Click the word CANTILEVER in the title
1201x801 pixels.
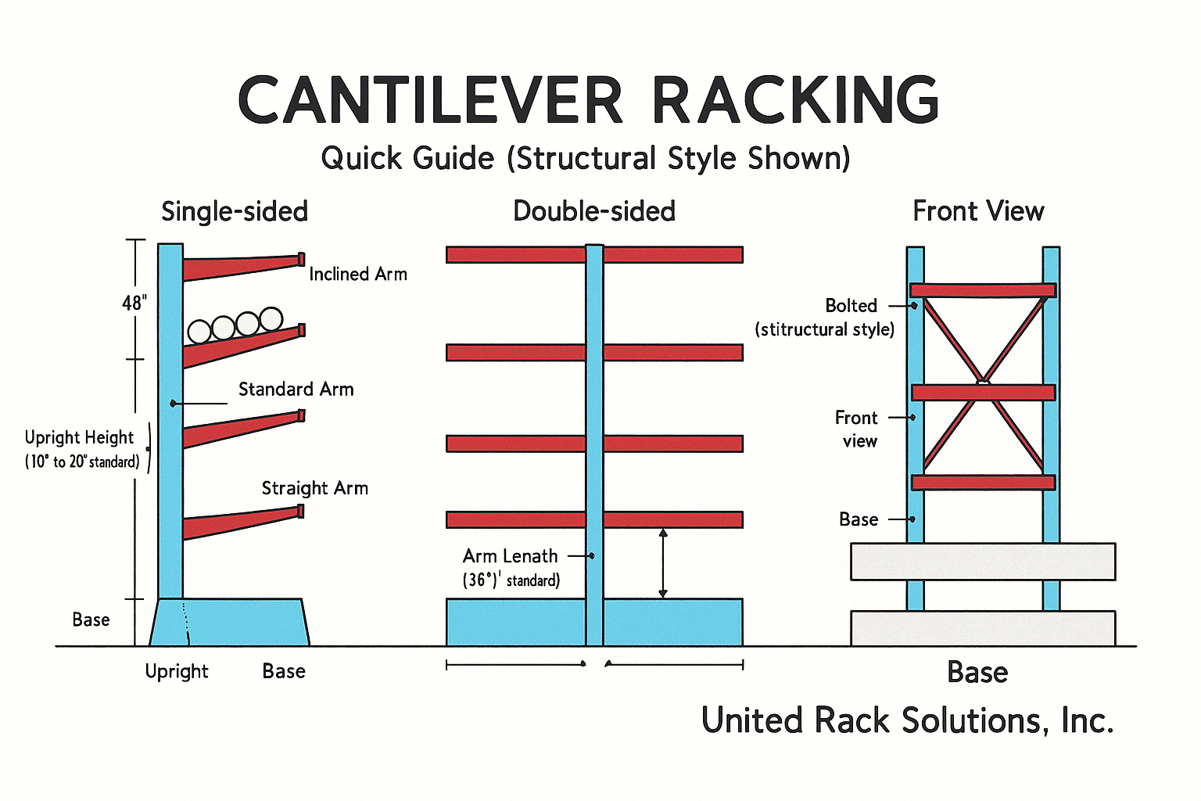point(430,100)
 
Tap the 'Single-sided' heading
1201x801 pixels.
point(235,211)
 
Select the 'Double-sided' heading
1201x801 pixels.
point(594,211)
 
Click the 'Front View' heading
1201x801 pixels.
point(978,211)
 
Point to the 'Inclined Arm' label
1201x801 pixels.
point(358,275)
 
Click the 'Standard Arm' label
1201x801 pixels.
point(296,390)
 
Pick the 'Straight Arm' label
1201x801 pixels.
point(314,488)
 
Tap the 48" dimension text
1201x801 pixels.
point(134,303)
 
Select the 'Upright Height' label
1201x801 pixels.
point(79,438)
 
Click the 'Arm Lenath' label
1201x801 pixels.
point(511,556)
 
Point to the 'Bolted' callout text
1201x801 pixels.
point(851,306)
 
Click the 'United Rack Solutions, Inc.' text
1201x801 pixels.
point(907,720)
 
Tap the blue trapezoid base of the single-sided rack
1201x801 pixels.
point(230,623)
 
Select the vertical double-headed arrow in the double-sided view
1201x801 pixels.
point(663,563)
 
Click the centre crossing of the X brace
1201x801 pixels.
point(983,383)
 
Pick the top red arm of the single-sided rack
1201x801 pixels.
point(242,267)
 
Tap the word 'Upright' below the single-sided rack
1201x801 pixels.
point(177,672)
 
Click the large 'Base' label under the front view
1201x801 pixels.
point(977,673)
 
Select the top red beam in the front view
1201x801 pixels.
point(983,290)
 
